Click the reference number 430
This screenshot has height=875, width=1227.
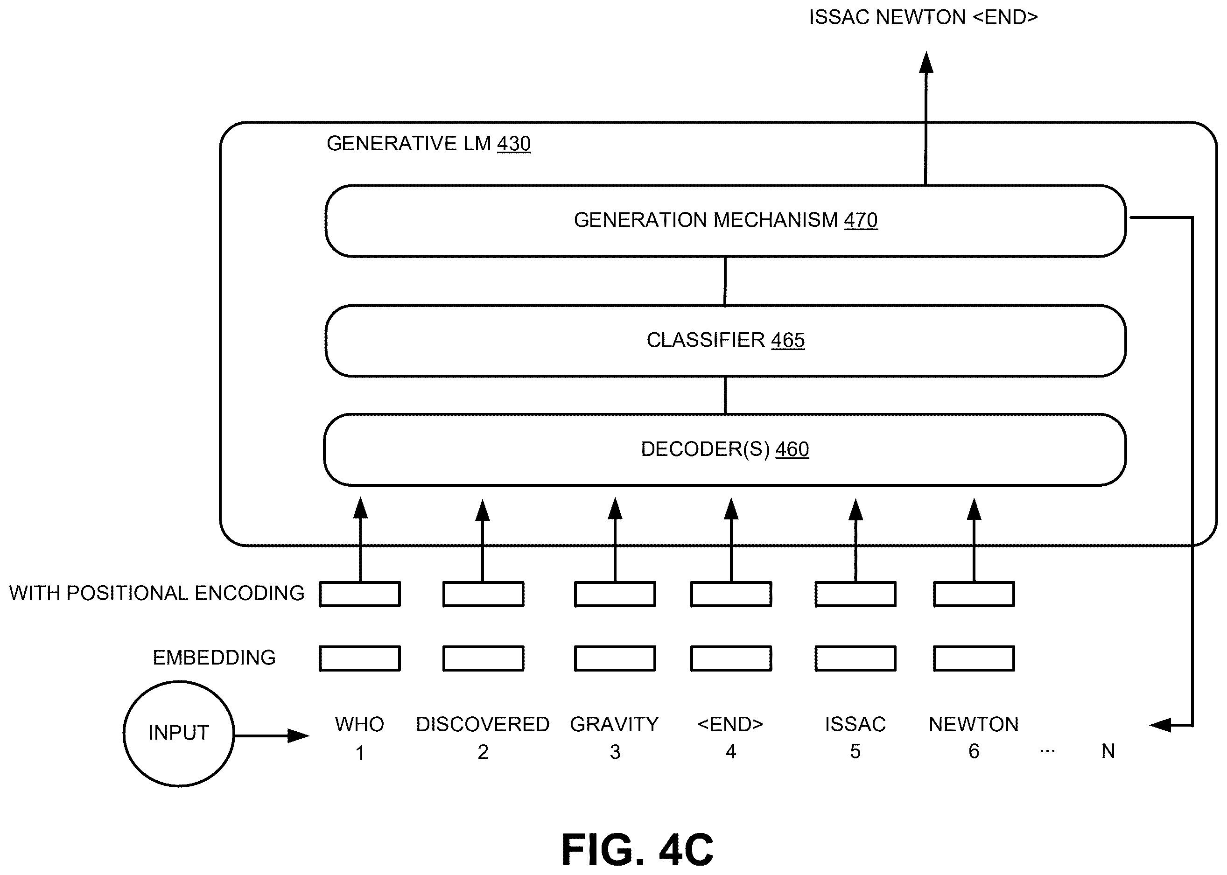pos(513,144)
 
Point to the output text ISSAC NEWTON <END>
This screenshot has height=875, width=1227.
pos(923,17)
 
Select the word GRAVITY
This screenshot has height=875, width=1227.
pos(614,725)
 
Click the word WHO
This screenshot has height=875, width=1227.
pos(359,725)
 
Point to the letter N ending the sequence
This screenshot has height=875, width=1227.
pos(1108,751)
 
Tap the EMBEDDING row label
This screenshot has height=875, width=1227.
pos(214,658)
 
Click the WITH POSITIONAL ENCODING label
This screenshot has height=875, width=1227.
pos(157,593)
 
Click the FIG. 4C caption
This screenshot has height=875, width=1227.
pos(638,850)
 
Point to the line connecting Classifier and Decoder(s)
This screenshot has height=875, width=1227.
pos(725,395)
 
